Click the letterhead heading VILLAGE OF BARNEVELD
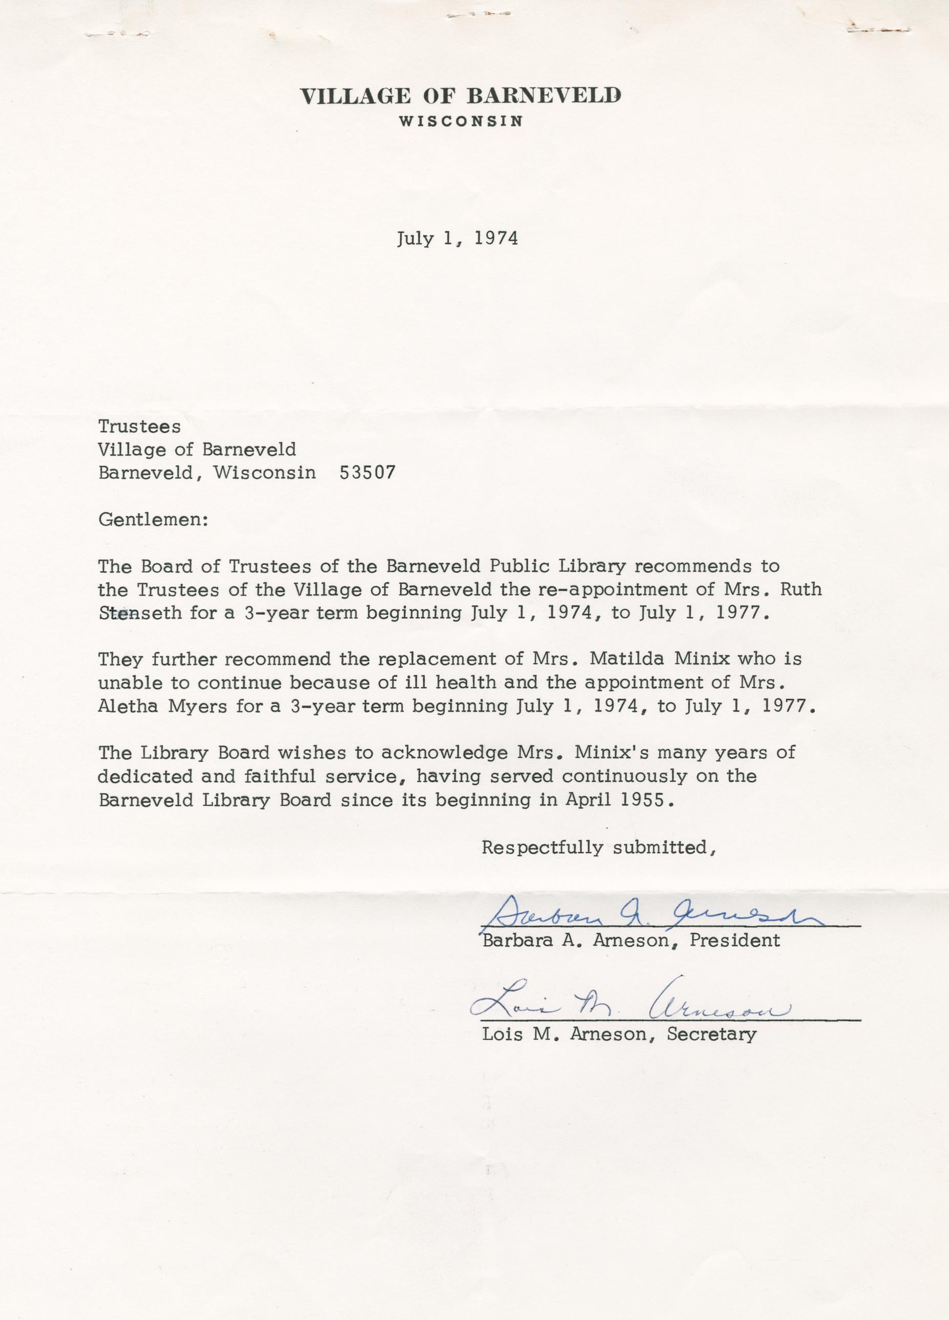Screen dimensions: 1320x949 point(460,95)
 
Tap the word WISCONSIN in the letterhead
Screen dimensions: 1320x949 point(460,121)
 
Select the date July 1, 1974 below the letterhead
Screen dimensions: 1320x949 point(458,238)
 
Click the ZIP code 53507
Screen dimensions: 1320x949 point(366,473)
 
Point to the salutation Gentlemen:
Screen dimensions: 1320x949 point(153,519)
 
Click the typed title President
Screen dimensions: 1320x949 point(734,941)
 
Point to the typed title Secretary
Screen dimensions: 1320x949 point(712,1034)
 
